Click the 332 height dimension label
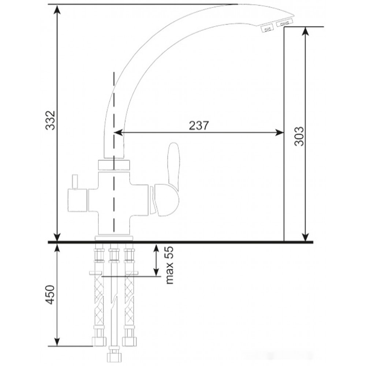point(50,120)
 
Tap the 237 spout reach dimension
point(198,126)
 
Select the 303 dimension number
point(299,137)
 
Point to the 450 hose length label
point(50,295)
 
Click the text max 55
point(170,265)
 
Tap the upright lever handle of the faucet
point(174,163)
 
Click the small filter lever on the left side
point(75,182)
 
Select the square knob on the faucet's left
point(77,200)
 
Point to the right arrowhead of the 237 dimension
point(279,132)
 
